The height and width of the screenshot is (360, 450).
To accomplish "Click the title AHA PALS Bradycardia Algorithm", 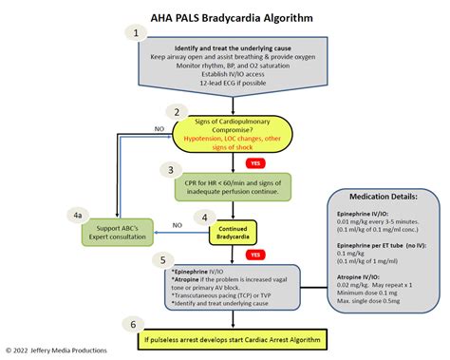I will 225,15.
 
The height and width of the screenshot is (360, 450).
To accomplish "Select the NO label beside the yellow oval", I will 132,127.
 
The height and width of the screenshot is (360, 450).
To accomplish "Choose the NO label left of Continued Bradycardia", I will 177,225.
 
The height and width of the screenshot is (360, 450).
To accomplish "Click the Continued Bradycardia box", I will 234,232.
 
